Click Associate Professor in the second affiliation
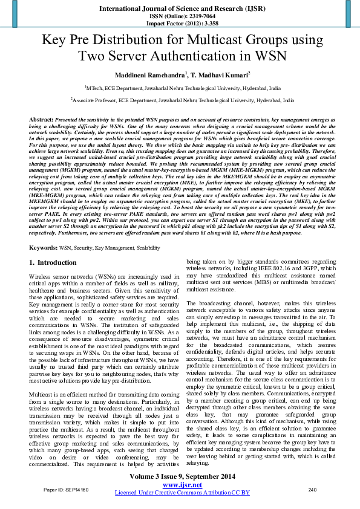pyautogui.click(x=94, y=100)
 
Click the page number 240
pyautogui.click(x=312, y=488)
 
